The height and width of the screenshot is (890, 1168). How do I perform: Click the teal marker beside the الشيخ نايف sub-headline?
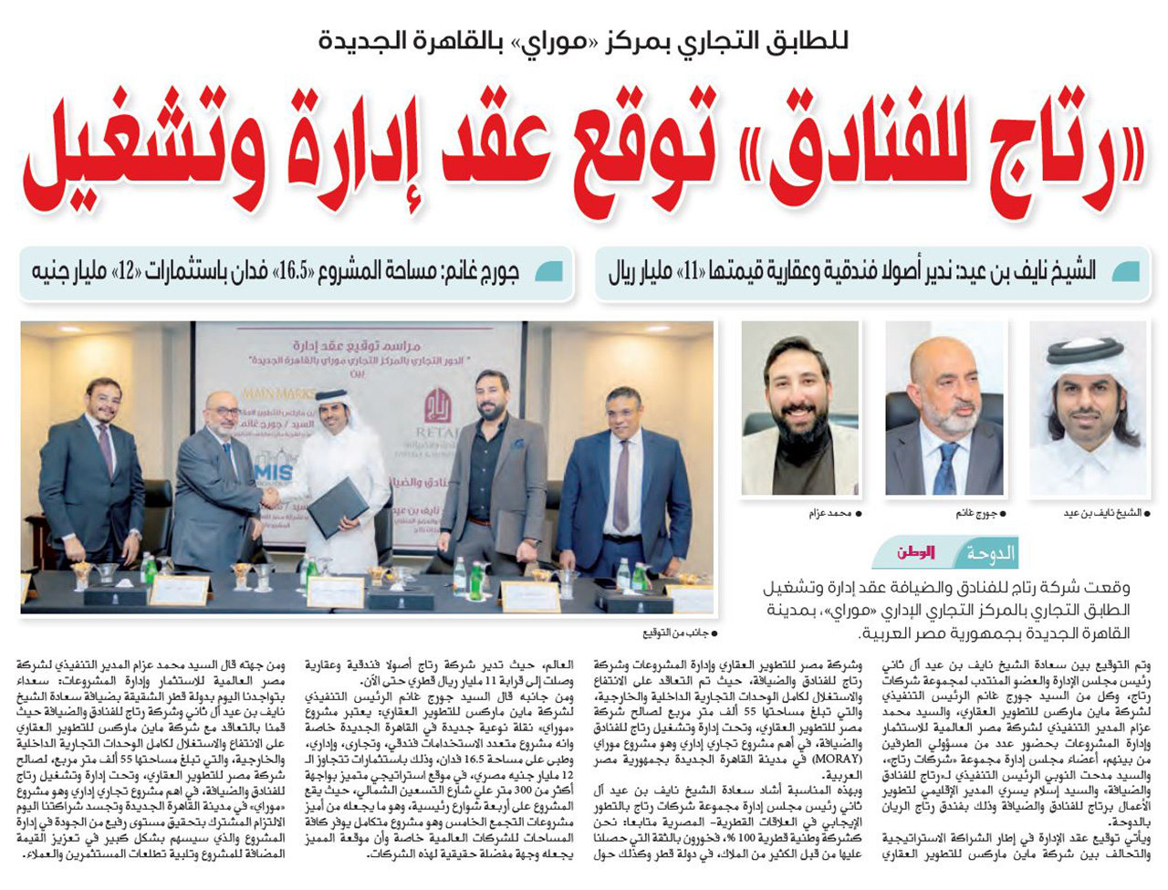coord(1124,272)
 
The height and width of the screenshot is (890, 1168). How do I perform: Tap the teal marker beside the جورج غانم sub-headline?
coord(549,272)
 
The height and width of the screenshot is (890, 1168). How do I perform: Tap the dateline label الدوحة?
coord(989,553)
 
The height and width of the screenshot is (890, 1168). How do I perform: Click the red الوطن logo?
coord(916,553)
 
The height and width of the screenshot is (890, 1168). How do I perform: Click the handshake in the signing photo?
coord(271,497)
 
